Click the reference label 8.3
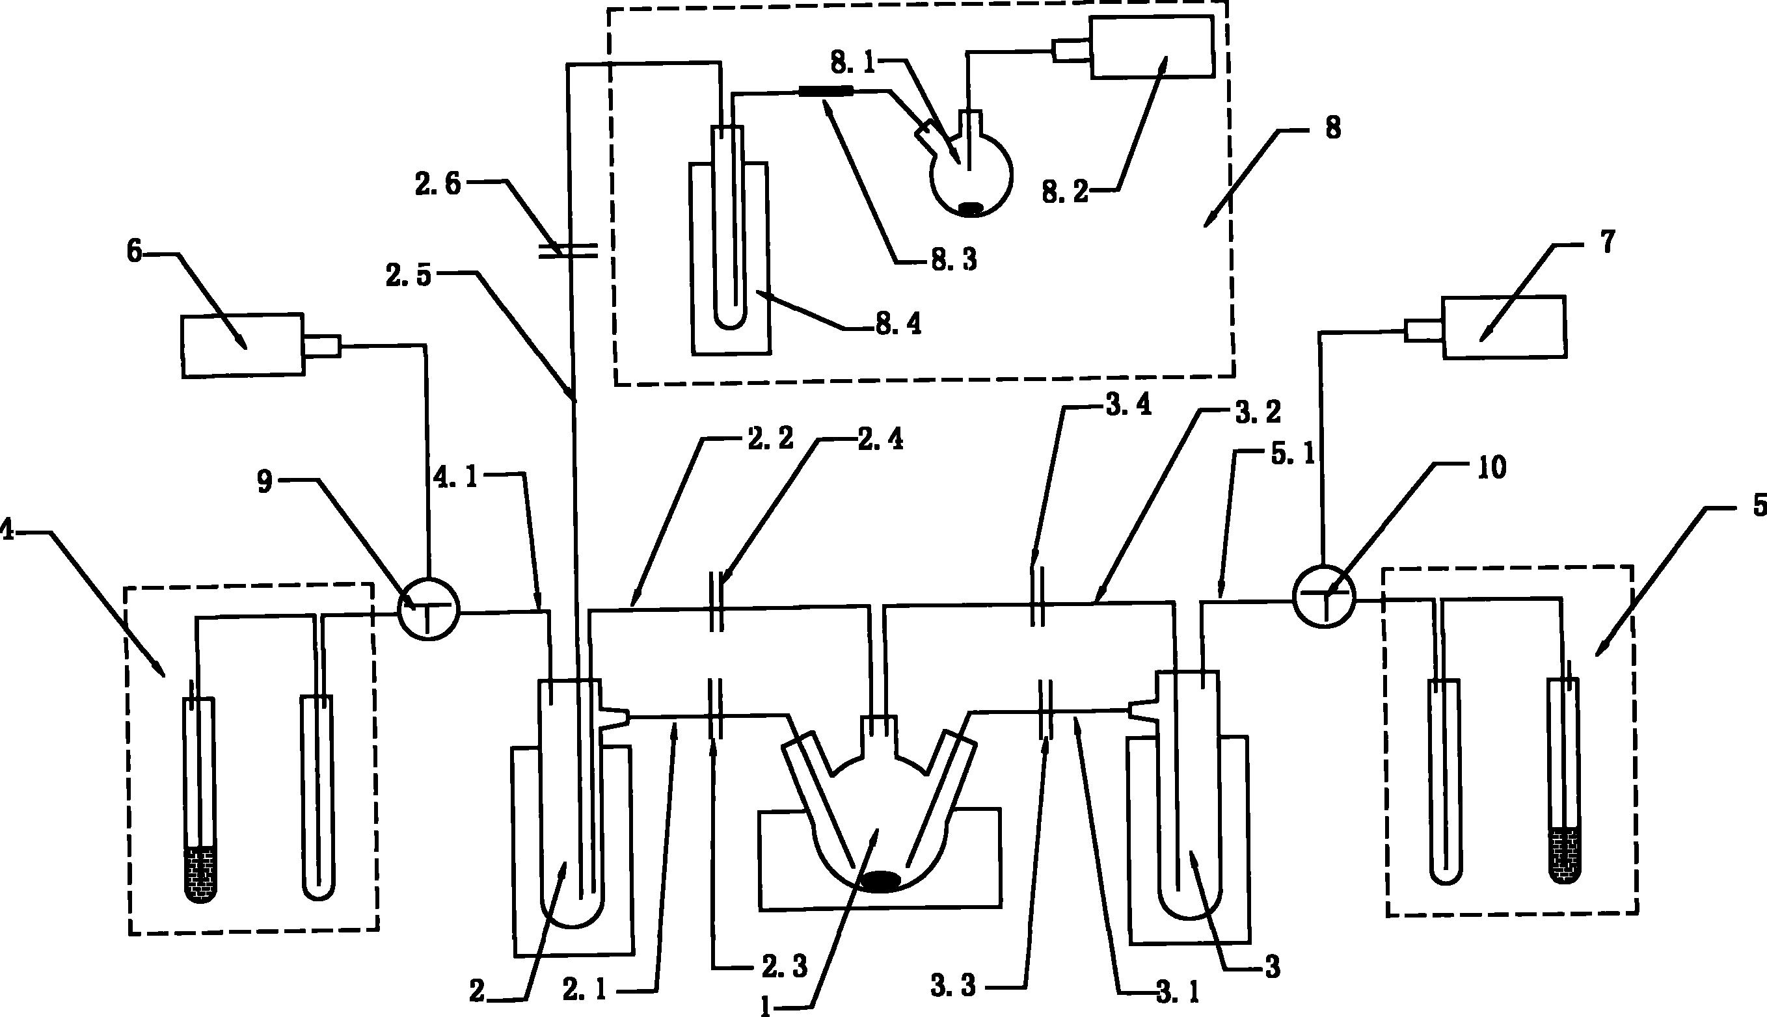(953, 261)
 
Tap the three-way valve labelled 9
(429, 609)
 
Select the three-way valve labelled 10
(1323, 597)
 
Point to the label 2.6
(438, 185)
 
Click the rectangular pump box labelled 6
(243, 346)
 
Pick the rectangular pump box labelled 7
(1504, 328)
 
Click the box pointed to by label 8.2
(1151, 47)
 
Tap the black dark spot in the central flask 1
(880, 882)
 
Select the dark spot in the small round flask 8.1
(971, 208)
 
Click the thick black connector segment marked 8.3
(826, 91)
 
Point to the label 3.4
(1127, 406)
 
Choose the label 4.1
(455, 478)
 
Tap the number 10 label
(1491, 468)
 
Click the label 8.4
(898, 324)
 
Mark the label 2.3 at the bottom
(784, 967)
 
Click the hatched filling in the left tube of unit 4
(200, 875)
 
